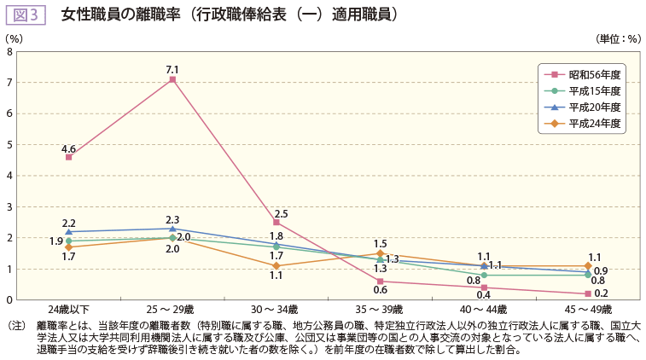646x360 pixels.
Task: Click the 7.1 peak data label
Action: [x=172, y=69]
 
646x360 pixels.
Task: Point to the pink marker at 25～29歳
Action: [x=172, y=79]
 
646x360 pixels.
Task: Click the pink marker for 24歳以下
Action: [x=68, y=157]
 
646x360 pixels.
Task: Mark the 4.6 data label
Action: [x=68, y=148]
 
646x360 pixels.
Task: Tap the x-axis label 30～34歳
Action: [x=276, y=309]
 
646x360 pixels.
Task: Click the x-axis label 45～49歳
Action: [x=588, y=309]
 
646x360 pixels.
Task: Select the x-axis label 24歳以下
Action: [x=68, y=309]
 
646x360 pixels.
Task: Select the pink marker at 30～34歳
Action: [x=276, y=222]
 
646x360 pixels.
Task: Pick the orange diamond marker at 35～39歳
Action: [x=380, y=253]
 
